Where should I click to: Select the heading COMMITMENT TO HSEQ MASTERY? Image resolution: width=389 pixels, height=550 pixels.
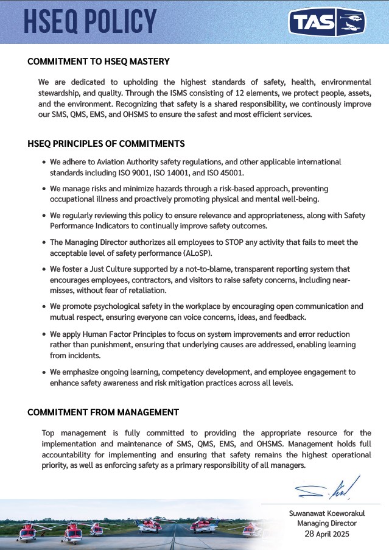[x=99, y=62]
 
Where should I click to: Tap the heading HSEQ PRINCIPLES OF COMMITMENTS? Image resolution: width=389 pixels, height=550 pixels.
[x=106, y=144]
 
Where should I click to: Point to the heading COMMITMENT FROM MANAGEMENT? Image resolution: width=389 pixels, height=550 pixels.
[x=103, y=412]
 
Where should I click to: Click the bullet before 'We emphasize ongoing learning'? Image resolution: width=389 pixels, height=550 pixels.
[x=43, y=372]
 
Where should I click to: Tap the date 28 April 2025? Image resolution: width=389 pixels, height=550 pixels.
[x=327, y=534]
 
